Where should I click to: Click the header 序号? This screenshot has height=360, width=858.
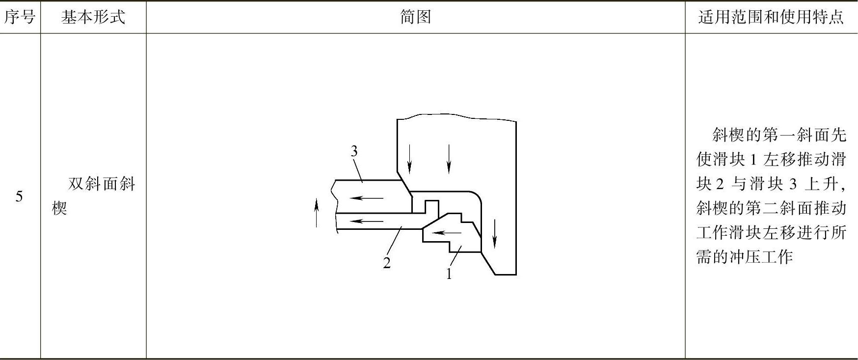20,17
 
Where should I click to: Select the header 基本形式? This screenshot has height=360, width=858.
93,17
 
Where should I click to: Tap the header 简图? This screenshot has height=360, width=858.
415,17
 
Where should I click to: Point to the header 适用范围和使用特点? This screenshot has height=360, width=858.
771,17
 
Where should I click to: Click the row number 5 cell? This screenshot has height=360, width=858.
19,197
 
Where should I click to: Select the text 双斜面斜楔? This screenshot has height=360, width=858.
93,196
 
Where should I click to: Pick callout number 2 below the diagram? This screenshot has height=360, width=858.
387,263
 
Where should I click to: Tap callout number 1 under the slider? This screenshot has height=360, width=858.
449,274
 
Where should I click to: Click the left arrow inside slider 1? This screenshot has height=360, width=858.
446,232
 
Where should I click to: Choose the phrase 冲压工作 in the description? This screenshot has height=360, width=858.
769,257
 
